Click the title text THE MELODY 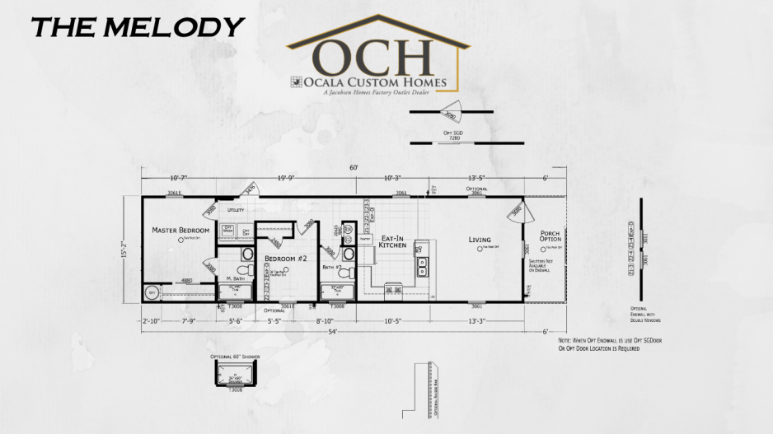tap(138, 26)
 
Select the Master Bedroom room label tap(180, 230)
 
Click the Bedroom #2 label tap(285, 259)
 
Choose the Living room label tap(480, 240)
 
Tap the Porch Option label tap(550, 236)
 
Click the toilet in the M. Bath tap(243, 269)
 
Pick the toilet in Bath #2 tap(349, 254)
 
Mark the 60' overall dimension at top tap(354, 168)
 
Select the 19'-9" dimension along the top tap(287, 177)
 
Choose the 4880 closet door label tap(187, 281)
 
